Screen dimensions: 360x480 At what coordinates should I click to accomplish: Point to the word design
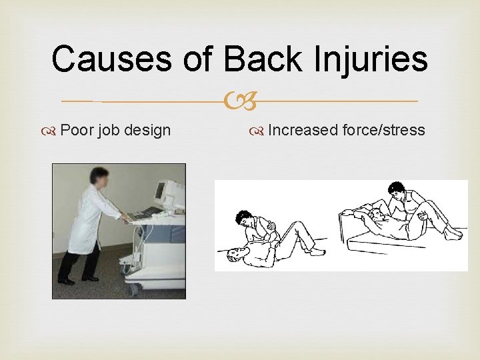pos(147,130)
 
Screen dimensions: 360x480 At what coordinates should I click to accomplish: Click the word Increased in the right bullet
pos(303,129)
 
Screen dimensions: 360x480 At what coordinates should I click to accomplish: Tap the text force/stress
pos(383,129)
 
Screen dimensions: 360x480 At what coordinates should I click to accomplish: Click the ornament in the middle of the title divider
pos(240,101)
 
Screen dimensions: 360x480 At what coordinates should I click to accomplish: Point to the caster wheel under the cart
pos(134,288)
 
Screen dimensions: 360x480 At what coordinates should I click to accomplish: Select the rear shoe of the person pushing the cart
pos(65,281)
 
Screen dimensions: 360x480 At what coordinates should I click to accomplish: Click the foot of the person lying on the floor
pos(318,251)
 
